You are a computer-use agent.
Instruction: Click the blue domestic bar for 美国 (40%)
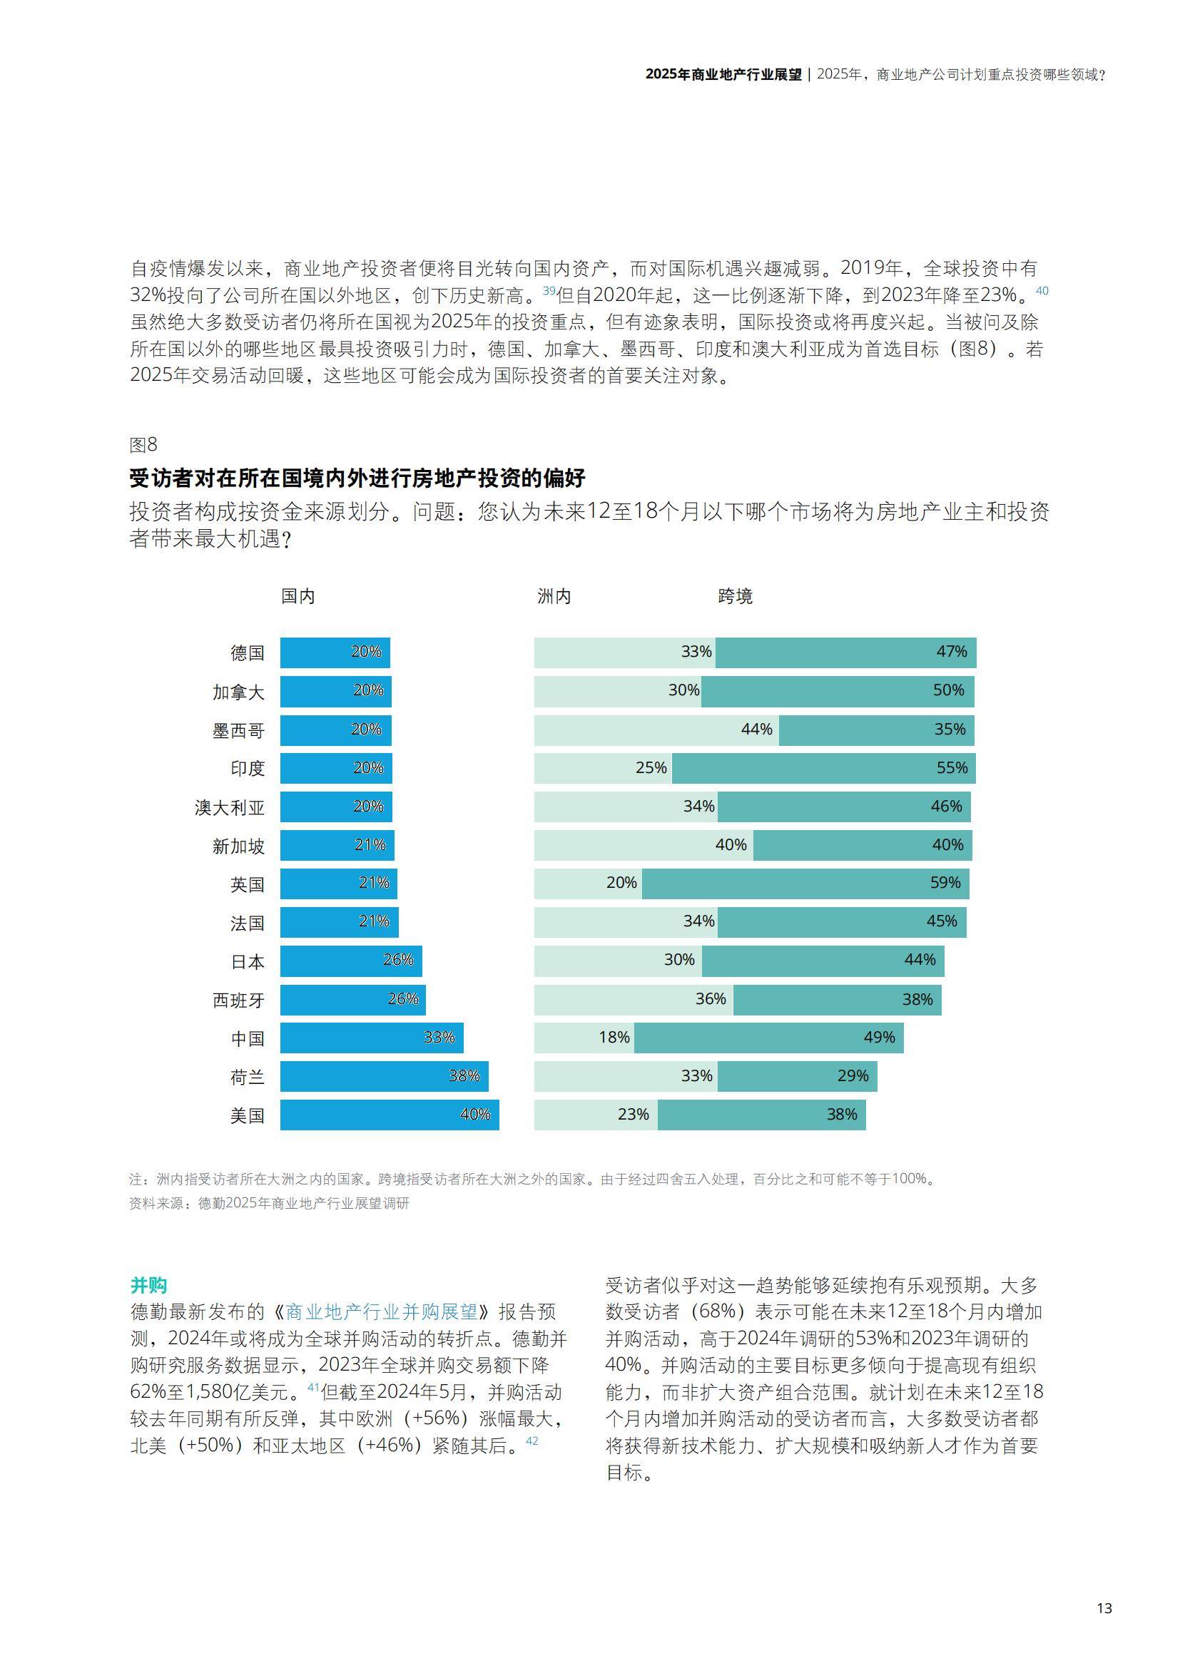coord(390,1115)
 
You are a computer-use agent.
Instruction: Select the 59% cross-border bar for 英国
coord(805,883)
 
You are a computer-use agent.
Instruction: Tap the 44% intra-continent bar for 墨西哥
coord(656,730)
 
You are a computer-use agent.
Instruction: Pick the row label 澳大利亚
coord(230,807)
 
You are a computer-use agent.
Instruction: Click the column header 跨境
coord(735,596)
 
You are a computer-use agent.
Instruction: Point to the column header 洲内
coord(554,596)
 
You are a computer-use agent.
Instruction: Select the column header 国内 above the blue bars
coord(298,596)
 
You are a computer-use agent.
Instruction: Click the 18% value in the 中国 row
coord(614,1038)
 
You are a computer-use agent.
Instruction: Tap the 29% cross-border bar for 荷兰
coord(797,1076)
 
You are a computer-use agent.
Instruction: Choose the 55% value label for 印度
coord(951,768)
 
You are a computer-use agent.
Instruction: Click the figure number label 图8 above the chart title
coord(143,444)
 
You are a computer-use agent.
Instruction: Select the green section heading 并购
coord(148,1285)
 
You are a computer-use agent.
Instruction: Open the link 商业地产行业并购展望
coord(382,1312)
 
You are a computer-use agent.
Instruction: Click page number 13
coord(1104,1608)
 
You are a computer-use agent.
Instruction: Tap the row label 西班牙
coord(238,1001)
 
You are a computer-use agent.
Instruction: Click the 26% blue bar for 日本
coord(351,961)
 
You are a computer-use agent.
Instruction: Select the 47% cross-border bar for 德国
coord(846,653)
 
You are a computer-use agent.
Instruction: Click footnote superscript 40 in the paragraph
coord(1041,290)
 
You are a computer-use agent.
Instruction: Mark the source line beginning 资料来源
coord(269,1204)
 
